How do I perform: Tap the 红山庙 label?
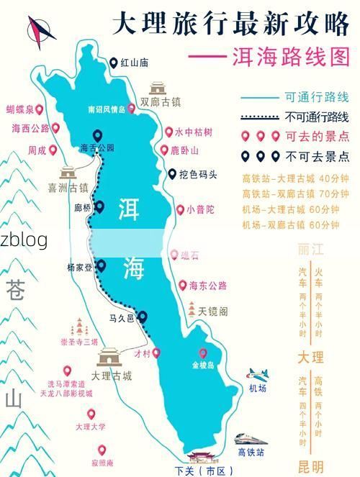(x=134, y=63)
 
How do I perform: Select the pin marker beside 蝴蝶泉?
(x=40, y=109)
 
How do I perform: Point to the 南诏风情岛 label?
(x=106, y=110)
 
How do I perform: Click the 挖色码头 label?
(x=198, y=174)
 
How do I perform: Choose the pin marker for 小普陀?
(x=180, y=210)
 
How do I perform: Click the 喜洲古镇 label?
(x=68, y=188)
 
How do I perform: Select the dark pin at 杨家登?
(x=101, y=266)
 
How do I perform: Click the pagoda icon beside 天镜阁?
(x=192, y=310)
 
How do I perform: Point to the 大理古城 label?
(x=112, y=376)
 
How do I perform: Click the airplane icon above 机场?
(x=257, y=375)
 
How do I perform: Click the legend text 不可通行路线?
(x=317, y=117)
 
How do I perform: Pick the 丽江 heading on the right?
(x=311, y=250)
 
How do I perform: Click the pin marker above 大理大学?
(x=91, y=414)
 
